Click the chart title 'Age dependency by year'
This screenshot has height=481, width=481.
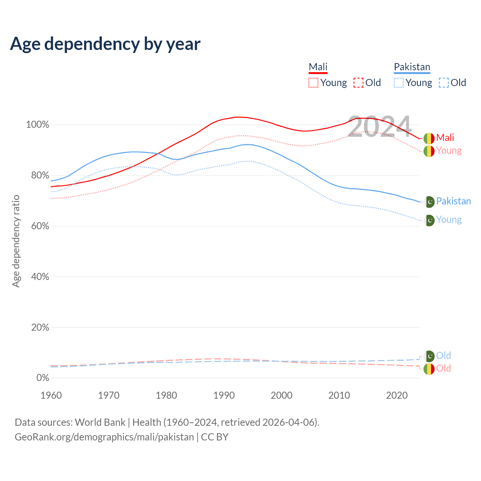(105, 44)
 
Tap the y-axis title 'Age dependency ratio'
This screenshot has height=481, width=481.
(16, 241)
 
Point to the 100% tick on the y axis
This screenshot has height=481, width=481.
(38, 125)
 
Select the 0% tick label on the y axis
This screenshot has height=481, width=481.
(42, 378)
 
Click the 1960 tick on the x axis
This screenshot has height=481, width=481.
(51, 395)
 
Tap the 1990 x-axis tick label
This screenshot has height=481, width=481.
(224, 395)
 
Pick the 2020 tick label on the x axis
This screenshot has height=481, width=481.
(397, 395)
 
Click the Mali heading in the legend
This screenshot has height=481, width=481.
(318, 67)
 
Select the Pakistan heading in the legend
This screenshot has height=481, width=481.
(412, 67)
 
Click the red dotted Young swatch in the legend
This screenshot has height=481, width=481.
(313, 83)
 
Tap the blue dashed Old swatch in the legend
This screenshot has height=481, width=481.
(444, 83)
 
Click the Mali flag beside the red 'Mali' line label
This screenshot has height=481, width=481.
(429, 138)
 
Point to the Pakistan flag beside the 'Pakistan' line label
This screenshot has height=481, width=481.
(429, 202)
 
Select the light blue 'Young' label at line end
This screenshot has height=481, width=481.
(449, 220)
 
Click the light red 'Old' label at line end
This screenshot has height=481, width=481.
(443, 368)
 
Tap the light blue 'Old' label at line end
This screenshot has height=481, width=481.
(443, 355)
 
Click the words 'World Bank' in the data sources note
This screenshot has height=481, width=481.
(100, 422)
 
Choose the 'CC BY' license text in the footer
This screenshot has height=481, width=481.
(215, 437)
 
